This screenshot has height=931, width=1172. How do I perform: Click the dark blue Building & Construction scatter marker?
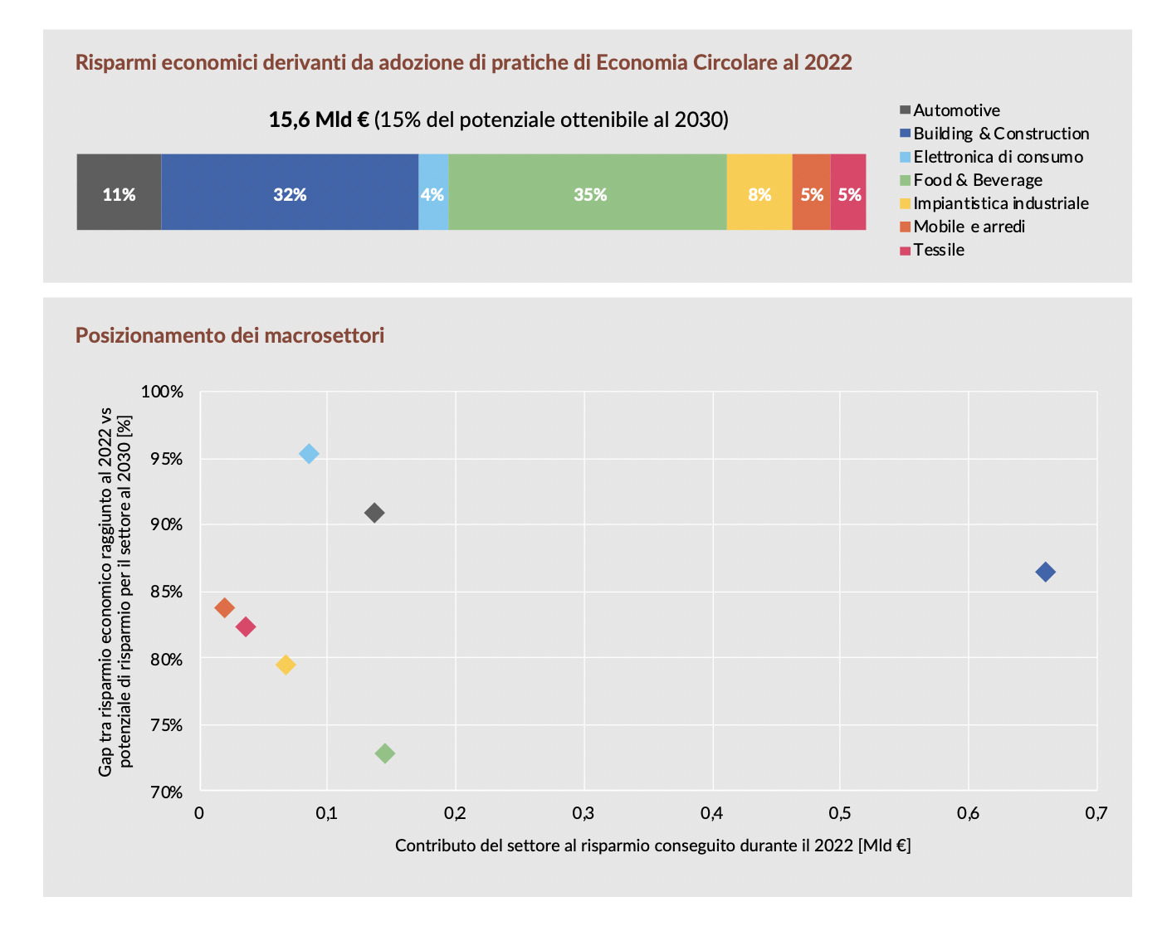coord(1045,572)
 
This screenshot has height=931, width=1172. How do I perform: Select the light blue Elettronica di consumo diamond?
coord(309,454)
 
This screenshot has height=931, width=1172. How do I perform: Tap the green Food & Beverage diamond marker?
coord(385,753)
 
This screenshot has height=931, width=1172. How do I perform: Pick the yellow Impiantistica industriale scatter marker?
coord(286,665)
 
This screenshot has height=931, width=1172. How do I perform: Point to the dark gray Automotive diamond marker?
coord(374,513)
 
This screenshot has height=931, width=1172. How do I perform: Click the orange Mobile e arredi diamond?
coord(224,607)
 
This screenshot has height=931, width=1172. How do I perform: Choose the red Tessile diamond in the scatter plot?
coord(245,626)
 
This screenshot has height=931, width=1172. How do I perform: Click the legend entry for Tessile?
coord(938,250)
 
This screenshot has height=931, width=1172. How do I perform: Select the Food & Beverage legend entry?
coord(977,180)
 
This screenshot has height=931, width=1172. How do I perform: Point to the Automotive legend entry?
coord(956,110)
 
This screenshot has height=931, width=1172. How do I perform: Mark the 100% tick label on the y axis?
coord(163,392)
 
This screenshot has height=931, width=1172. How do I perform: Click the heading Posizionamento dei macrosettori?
coord(230,335)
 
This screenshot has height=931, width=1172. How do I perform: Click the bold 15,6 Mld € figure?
coord(319,120)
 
